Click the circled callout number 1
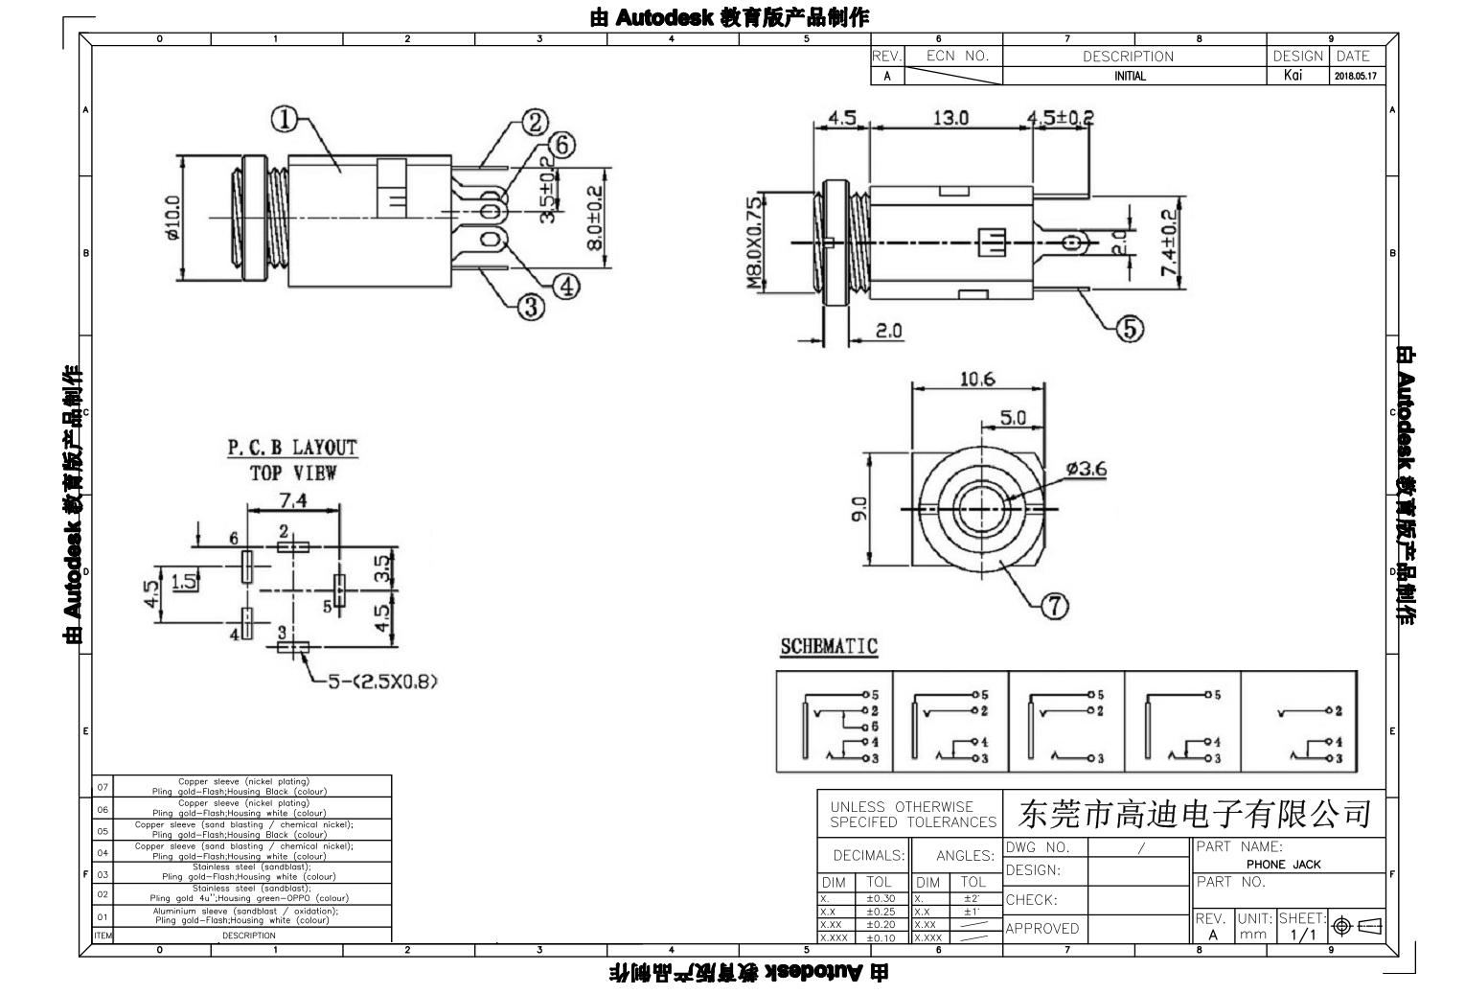tap(284, 119)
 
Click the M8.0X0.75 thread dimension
tap(754, 243)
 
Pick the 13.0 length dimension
tap(950, 118)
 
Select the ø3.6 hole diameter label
tap(1086, 469)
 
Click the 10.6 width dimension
tap(977, 379)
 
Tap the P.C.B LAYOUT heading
tap(291, 448)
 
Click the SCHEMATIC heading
tap(829, 646)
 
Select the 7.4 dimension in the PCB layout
tap(292, 500)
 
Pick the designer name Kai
tap(1293, 76)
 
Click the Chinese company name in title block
tap(1194, 815)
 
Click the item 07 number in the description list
tap(103, 787)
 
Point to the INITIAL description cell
tap(1130, 77)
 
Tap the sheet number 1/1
tap(1303, 934)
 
